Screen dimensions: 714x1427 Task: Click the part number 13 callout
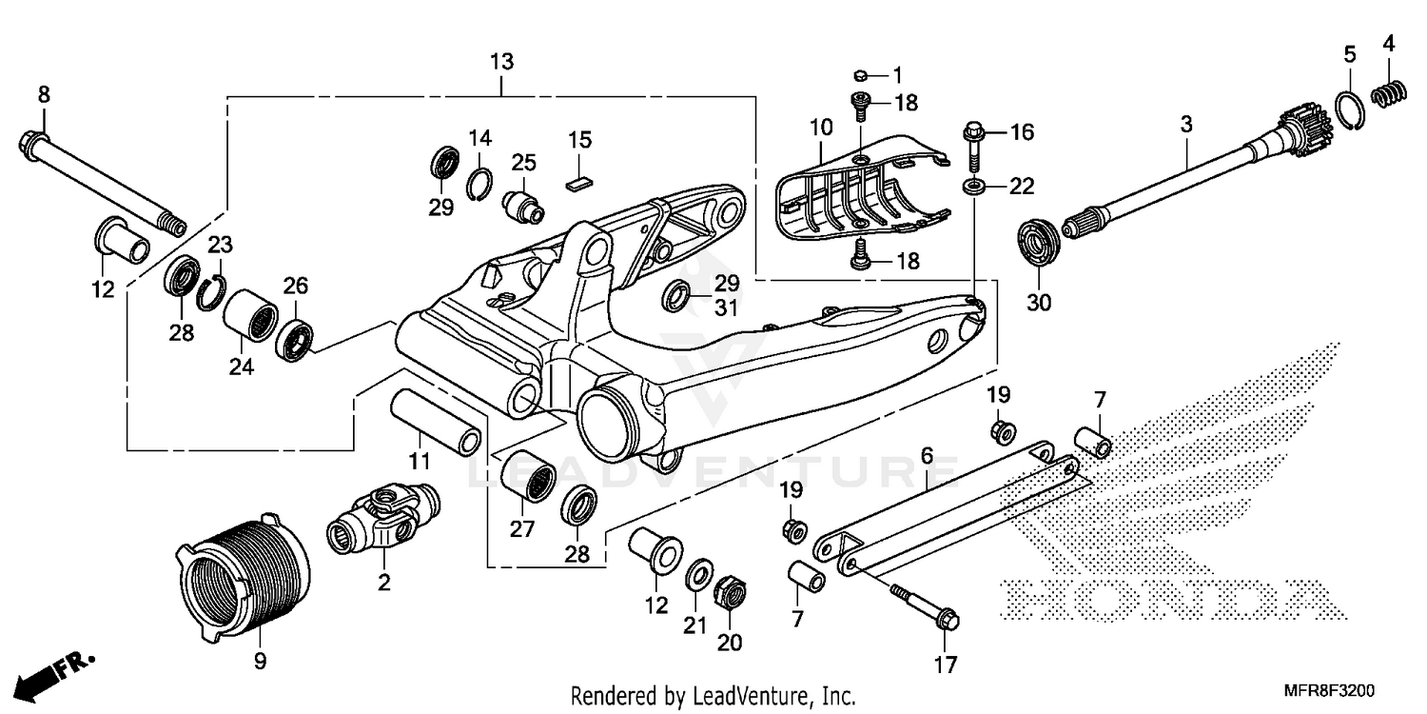(501, 62)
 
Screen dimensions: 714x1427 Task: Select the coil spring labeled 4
(1388, 95)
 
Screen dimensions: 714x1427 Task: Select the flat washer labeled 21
(697, 574)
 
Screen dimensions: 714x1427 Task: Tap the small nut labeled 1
(858, 74)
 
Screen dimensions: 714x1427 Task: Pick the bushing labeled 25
(524, 205)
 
